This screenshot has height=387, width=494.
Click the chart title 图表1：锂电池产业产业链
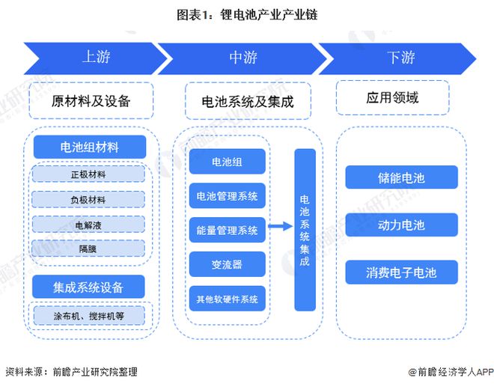(x=247, y=15)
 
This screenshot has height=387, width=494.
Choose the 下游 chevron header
(x=400, y=58)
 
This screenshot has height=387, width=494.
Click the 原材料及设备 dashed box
(x=91, y=101)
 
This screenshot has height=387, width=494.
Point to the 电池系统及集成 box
(x=247, y=101)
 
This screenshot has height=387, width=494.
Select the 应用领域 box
(x=392, y=98)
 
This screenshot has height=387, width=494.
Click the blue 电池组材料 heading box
(x=90, y=147)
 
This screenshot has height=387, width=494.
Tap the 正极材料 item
(x=88, y=174)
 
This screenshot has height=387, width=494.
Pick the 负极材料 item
(x=88, y=200)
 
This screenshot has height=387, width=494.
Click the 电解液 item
(x=88, y=225)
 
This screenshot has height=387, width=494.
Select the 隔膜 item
(x=88, y=249)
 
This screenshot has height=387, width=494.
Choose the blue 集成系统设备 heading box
(x=89, y=287)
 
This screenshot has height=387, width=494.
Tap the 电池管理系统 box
(x=226, y=196)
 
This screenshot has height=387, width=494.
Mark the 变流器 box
(x=226, y=264)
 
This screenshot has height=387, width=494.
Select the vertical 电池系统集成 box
(x=304, y=230)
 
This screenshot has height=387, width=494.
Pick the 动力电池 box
(x=401, y=225)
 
